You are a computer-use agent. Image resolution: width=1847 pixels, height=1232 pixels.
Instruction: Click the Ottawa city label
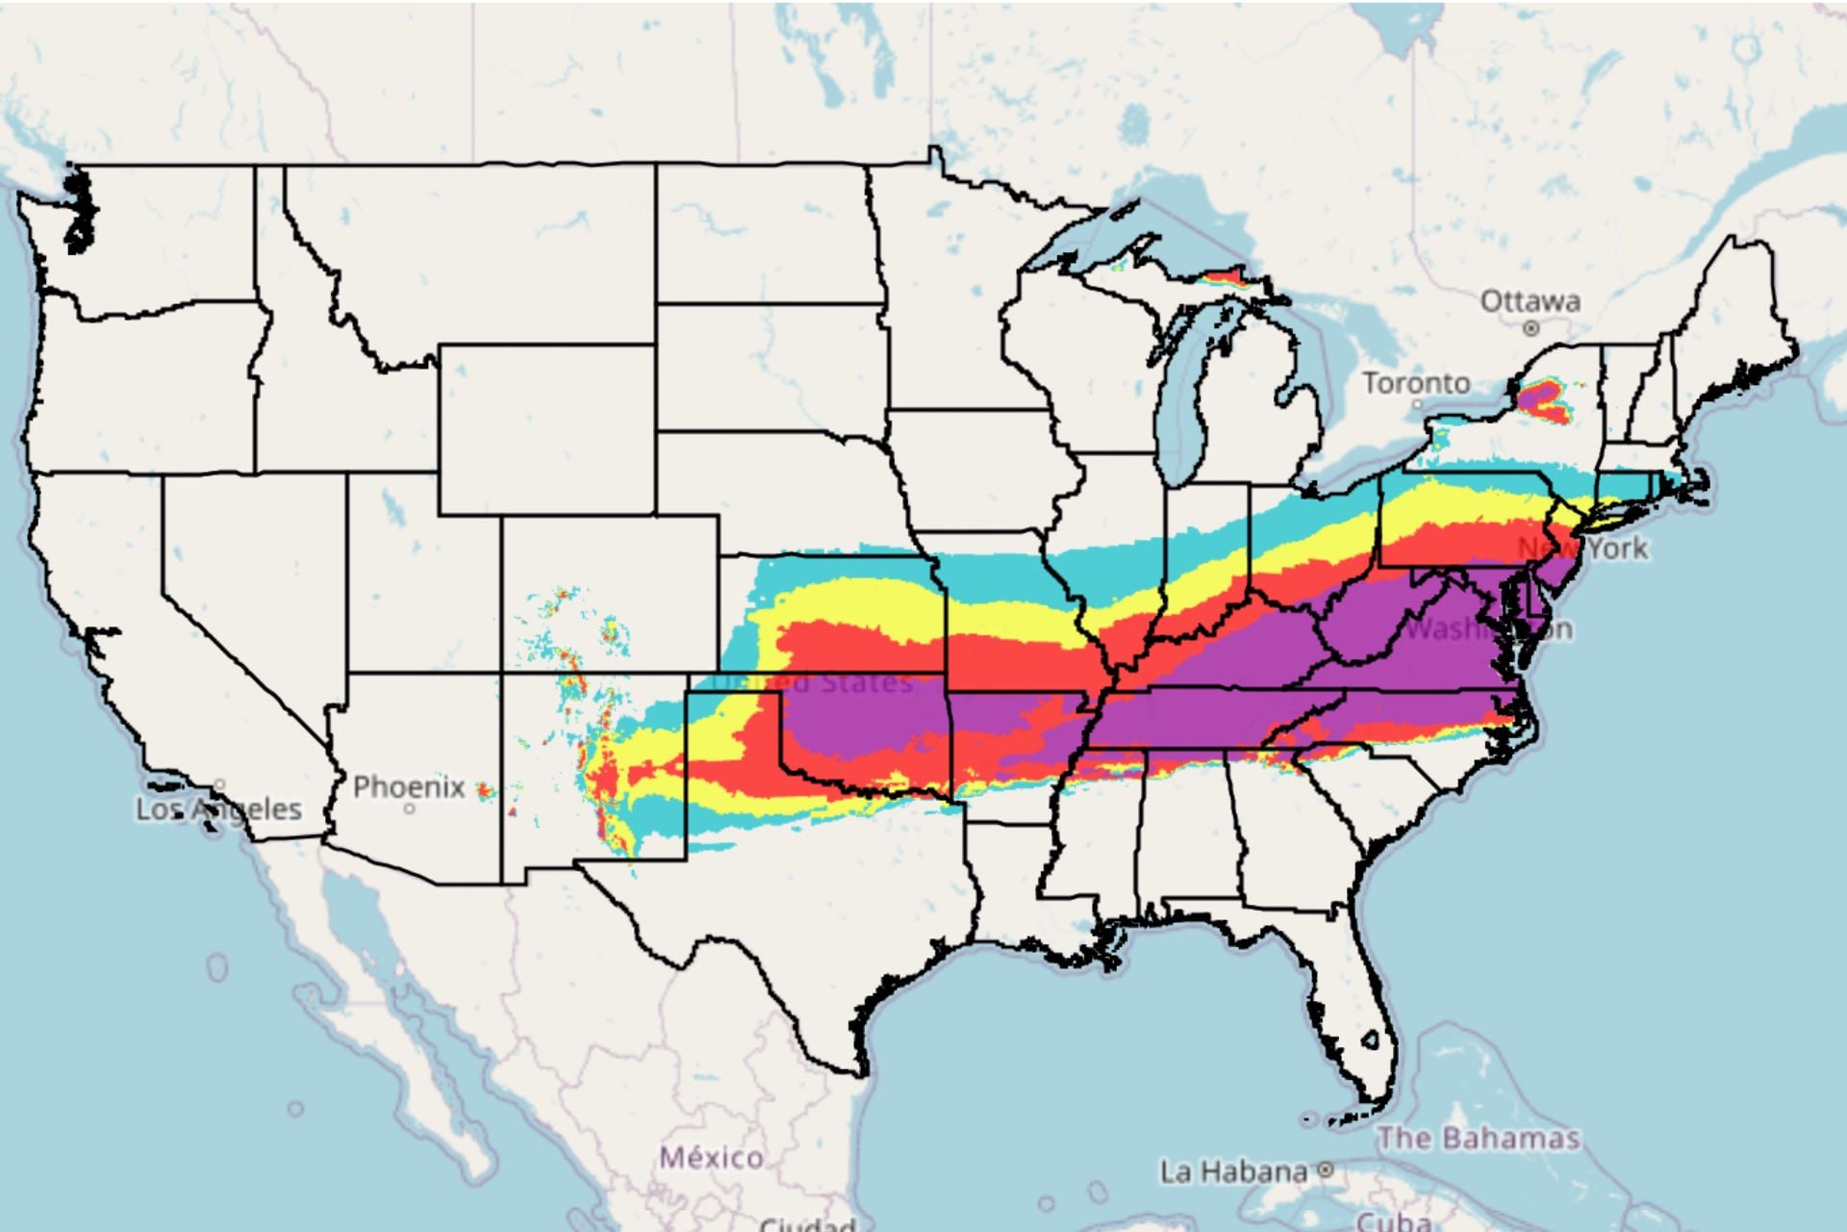point(1530,301)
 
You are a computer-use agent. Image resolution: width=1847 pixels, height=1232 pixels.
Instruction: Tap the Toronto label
point(1416,383)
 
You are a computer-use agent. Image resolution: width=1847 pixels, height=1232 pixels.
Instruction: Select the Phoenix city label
point(409,786)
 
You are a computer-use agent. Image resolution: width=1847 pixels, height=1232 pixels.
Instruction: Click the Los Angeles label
point(218,808)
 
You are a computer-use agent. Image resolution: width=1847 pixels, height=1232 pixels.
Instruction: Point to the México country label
point(712,1157)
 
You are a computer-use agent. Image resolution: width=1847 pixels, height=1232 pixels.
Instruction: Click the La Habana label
point(1234,1171)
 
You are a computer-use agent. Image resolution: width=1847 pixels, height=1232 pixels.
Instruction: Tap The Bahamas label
point(1479,1139)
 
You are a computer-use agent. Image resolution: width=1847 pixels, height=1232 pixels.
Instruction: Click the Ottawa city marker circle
point(1531,328)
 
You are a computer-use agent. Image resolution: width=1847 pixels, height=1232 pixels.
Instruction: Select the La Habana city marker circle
point(1326,1170)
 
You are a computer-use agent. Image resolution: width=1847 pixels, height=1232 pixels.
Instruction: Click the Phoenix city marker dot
point(410,808)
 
